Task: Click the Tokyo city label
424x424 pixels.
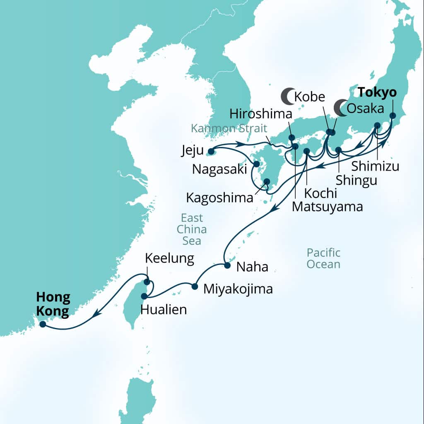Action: tap(377, 92)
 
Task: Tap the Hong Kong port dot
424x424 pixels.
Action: tap(42, 324)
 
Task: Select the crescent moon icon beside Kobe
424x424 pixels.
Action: tap(287, 97)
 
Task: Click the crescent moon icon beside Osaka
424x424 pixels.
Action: tap(341, 108)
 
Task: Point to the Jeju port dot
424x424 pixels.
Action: tap(211, 151)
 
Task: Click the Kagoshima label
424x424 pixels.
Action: tap(219, 198)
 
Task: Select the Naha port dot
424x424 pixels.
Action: tap(227, 265)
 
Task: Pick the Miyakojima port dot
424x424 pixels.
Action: tap(195, 286)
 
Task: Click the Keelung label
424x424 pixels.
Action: tap(169, 259)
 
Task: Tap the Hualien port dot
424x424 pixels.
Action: tap(144, 296)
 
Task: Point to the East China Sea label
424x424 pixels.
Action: tap(192, 229)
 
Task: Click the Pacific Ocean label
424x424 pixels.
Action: tap(323, 258)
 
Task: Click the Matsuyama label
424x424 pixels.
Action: tap(327, 207)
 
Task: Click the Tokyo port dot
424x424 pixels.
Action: tap(393, 116)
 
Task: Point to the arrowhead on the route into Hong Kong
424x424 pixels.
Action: tap(96, 314)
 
